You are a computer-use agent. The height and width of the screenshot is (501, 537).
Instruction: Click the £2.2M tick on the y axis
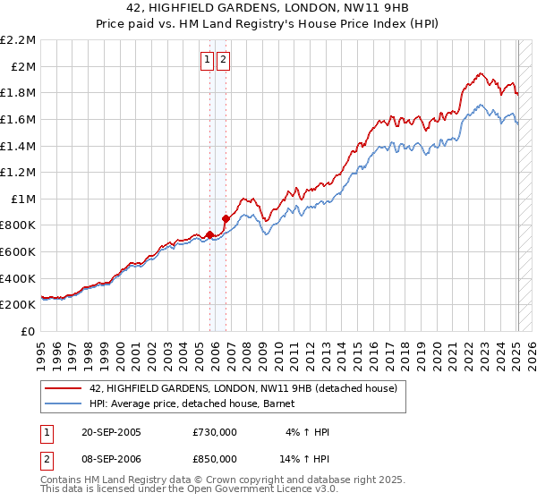pyautogui.click(x=18, y=40)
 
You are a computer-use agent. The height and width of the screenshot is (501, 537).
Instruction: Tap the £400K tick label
pyautogui.click(x=19, y=278)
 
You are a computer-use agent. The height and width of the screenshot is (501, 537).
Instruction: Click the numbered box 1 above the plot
pyautogui.click(x=207, y=60)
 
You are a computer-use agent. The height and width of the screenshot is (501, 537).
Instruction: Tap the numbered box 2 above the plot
pyautogui.click(x=223, y=60)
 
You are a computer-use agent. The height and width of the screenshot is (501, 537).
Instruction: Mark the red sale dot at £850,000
pyautogui.click(x=226, y=218)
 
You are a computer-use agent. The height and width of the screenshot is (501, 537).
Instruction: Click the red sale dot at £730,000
pyautogui.click(x=210, y=234)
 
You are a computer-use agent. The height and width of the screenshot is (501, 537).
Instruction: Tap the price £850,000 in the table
pyautogui.click(x=215, y=458)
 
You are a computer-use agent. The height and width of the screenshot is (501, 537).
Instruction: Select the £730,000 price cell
pyautogui.click(x=215, y=432)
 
